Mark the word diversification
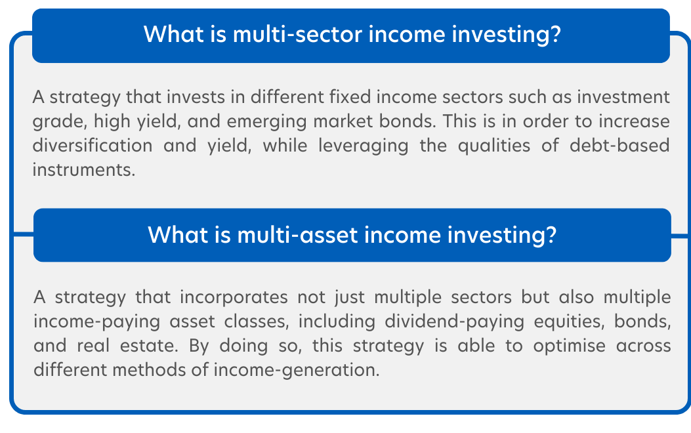point(93,146)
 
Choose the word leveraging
point(364,146)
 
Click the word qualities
point(494,146)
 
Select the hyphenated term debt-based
point(619,146)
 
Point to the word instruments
point(84,170)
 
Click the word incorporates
point(234,298)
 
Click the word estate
point(149,346)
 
